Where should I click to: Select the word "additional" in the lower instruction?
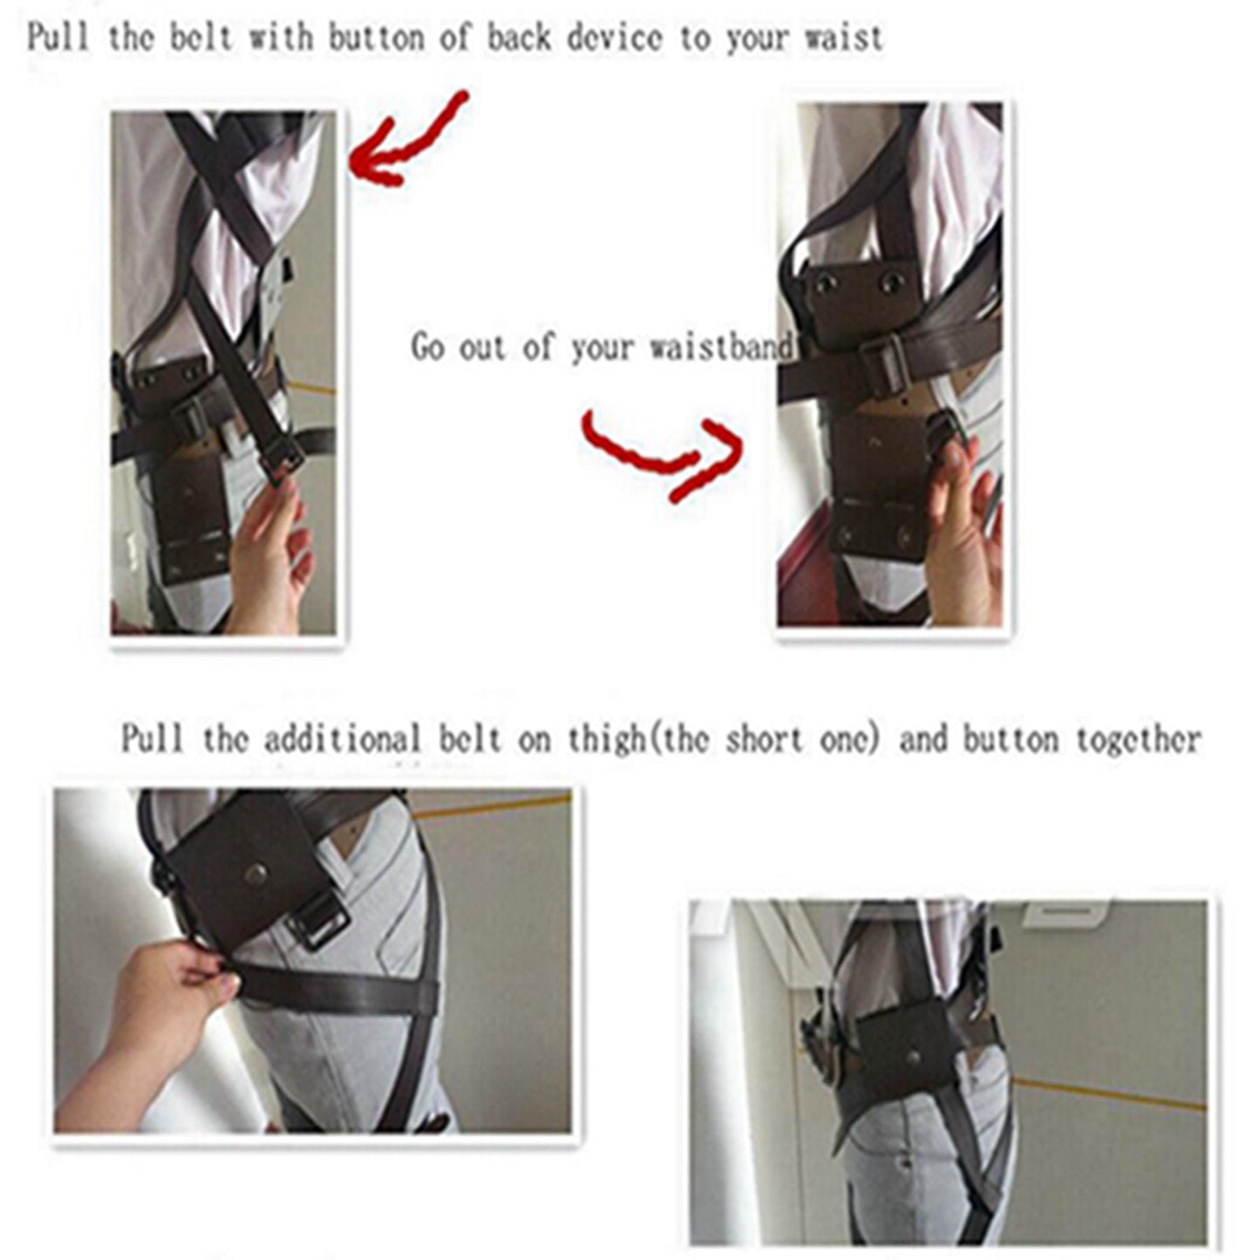point(342,740)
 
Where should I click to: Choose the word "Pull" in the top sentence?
point(58,39)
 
